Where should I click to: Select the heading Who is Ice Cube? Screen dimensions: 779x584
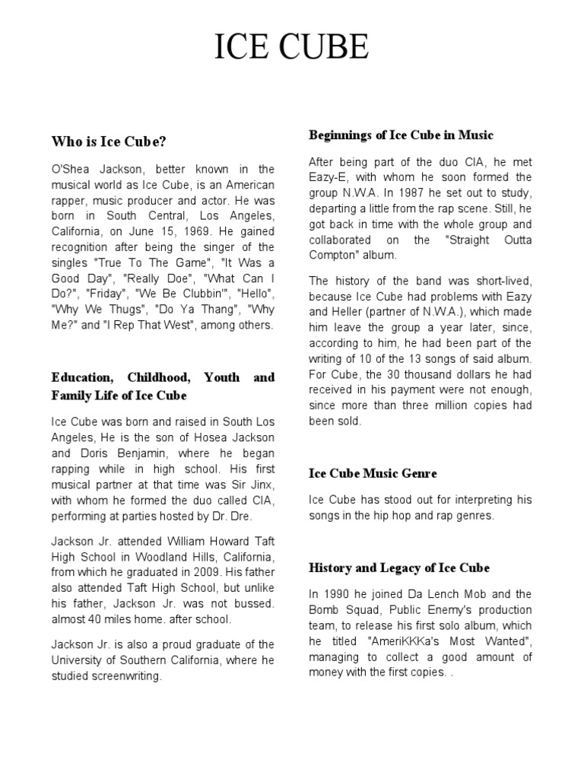click(109, 141)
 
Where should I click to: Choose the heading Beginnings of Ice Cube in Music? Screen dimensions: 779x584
click(401, 135)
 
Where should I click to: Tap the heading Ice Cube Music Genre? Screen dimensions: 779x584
click(373, 474)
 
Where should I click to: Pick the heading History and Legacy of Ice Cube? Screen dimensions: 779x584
click(399, 568)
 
